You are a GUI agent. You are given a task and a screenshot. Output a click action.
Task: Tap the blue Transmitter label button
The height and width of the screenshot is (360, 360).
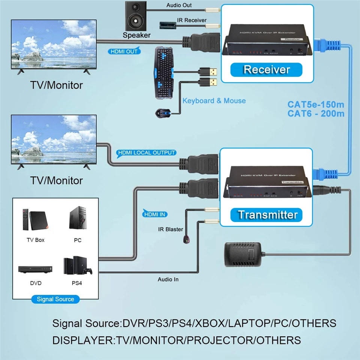268,214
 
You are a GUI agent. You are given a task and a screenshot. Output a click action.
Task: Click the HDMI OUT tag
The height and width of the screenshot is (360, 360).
123,51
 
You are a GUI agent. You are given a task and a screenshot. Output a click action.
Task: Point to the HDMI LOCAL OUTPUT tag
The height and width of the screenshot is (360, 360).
147,153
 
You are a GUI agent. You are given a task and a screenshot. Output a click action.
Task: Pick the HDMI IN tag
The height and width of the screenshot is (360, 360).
155,214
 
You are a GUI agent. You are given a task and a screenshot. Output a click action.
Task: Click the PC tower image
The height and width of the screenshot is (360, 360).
77,219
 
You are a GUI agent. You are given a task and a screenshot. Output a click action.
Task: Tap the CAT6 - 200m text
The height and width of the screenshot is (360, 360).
316,113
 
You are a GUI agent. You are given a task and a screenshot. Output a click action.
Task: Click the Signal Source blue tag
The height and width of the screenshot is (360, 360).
55,299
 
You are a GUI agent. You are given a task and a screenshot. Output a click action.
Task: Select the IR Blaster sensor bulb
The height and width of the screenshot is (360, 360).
186,238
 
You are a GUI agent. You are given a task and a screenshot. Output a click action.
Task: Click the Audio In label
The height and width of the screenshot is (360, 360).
168,279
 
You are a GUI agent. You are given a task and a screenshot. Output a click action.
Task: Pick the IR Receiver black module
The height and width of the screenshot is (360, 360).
168,25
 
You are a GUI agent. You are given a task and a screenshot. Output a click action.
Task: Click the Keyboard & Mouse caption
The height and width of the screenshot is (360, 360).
214,100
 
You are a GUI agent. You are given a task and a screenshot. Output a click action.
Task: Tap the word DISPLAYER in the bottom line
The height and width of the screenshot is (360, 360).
83,340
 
